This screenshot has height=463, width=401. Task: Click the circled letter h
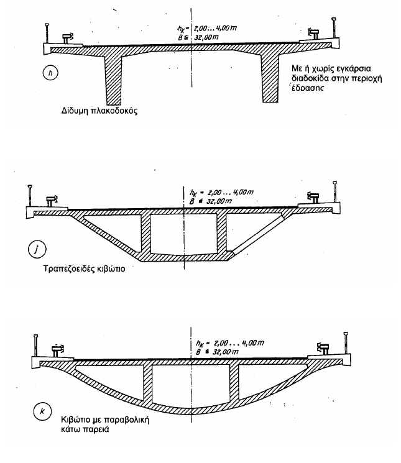53,73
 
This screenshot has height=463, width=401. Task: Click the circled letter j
37,251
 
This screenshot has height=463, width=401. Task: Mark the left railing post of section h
47,31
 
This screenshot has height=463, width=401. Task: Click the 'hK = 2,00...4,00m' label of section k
215,342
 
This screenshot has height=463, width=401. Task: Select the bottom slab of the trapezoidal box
184,257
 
